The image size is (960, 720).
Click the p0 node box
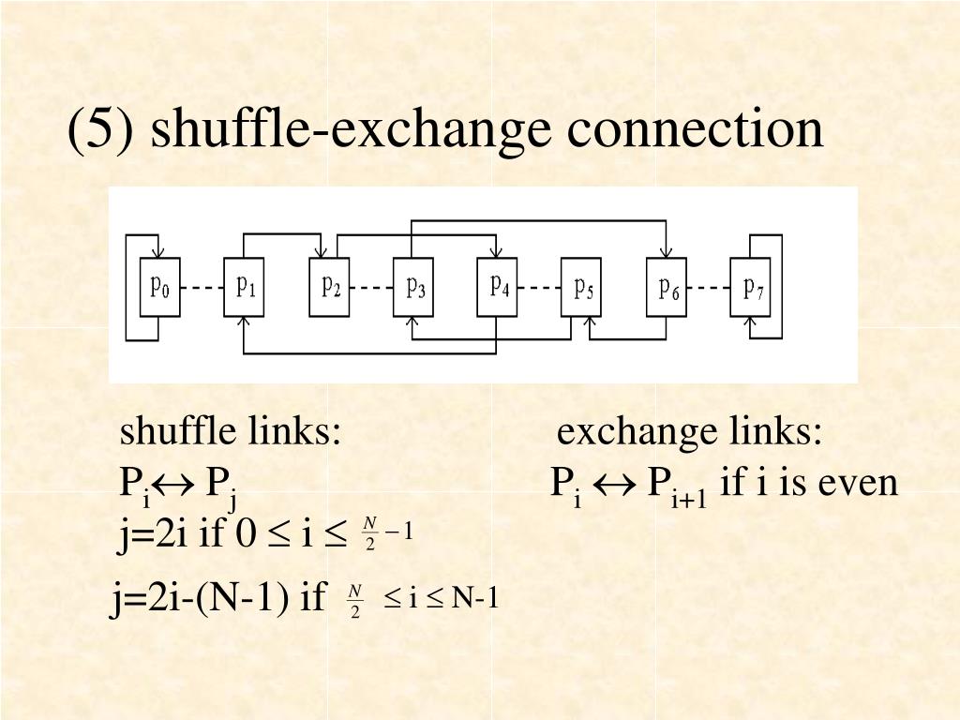coord(160,287)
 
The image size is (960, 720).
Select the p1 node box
coord(245,287)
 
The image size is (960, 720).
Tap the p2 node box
coord(330,287)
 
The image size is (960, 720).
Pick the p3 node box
coord(414,287)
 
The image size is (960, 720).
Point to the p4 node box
coord(498,287)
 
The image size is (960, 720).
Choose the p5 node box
coord(583,287)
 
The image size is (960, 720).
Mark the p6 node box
coord(667,287)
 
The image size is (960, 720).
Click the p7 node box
coord(752,287)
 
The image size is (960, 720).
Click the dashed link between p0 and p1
coord(202,288)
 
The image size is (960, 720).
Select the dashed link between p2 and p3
coord(372,288)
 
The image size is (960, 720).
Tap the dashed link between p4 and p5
coord(540,288)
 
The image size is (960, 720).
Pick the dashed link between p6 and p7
coord(710,288)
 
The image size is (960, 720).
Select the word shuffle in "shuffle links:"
coord(178,433)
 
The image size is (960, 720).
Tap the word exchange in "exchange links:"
coord(636,433)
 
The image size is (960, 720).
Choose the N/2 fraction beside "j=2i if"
coord(369,533)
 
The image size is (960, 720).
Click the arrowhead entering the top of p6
coord(667,252)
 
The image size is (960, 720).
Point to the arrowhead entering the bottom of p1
coord(245,322)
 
